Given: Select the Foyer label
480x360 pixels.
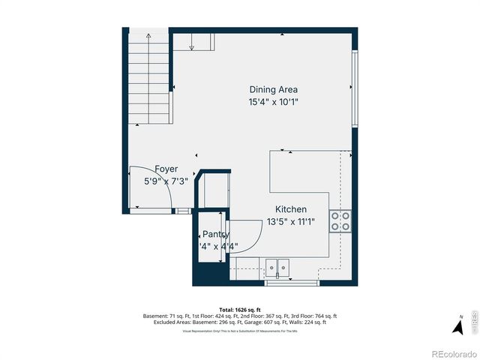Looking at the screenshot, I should [x=166, y=169].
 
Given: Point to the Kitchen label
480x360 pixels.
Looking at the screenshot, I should [x=291, y=209].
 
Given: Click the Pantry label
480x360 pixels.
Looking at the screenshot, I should [x=215, y=234].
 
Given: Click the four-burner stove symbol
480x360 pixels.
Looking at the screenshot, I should [x=340, y=219].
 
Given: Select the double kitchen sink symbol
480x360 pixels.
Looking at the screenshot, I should [x=277, y=266].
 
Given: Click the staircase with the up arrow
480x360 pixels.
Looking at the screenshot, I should [x=148, y=75].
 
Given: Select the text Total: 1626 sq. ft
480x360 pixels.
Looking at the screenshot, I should [x=239, y=310].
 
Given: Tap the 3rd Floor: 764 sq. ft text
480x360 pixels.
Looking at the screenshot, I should [x=317, y=316].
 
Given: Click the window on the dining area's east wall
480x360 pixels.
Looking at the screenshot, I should [x=355, y=88].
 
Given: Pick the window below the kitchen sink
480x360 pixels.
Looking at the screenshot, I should [x=292, y=283].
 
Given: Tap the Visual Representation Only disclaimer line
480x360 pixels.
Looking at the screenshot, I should [x=239, y=331].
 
